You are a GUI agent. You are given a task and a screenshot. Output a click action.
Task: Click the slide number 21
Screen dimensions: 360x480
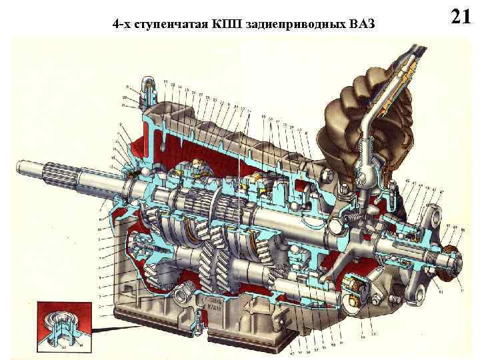click(x=461, y=15)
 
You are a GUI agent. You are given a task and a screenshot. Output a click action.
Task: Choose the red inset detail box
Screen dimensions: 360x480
click(x=63, y=325)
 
